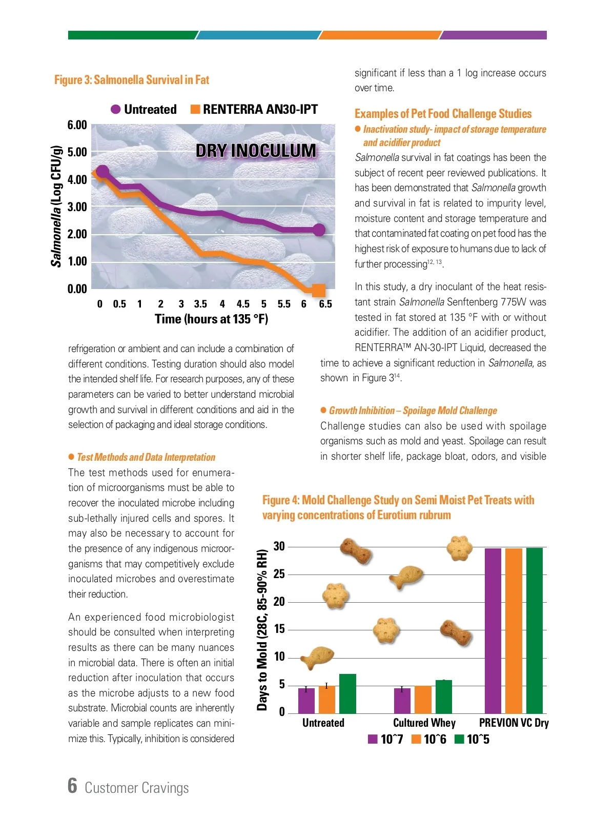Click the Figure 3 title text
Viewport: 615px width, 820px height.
coord(132,80)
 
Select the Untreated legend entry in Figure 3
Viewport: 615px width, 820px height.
coord(144,109)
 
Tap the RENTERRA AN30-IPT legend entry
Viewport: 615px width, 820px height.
coord(254,109)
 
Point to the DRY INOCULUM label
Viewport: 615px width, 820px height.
coord(256,151)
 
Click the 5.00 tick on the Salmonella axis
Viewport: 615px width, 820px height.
coord(77,152)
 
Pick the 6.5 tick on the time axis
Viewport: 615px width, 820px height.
coord(325,304)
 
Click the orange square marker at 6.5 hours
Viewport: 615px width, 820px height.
coord(319,291)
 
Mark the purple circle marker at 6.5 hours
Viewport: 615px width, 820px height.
coord(319,230)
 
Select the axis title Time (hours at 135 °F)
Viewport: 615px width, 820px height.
coord(211,319)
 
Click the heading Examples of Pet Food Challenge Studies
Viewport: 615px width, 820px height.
coord(443,114)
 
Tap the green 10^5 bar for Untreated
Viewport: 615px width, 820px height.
coord(347,693)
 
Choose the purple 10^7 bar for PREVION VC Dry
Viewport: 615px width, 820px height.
coord(493,630)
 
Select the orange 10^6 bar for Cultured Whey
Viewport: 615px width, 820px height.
coord(423,699)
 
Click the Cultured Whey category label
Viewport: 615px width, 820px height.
coord(424,723)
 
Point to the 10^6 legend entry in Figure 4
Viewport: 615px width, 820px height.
coord(429,740)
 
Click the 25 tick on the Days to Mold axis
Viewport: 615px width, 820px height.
coord(279,574)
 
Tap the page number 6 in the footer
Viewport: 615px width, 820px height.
coord(72,786)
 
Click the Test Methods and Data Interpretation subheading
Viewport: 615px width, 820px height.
coord(146,457)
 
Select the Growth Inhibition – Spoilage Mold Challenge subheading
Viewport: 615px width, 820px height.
coord(413,411)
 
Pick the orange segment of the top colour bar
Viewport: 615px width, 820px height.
coord(379,35)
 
